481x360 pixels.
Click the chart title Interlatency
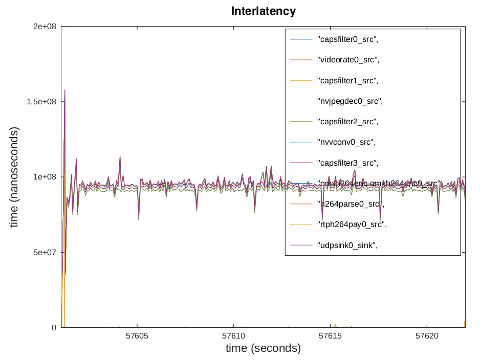(263, 11)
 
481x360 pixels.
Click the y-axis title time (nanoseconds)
(14, 177)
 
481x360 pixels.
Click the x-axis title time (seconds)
(263, 348)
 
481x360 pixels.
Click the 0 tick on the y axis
(53, 327)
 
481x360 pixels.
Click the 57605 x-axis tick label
(137, 336)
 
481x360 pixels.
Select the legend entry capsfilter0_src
(348, 39)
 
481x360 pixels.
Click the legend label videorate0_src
(348, 60)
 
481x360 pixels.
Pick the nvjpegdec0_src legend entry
(350, 101)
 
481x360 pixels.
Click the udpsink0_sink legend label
(348, 245)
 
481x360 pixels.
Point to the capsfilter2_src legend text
(348, 122)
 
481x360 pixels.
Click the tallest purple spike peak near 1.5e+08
(64, 90)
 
